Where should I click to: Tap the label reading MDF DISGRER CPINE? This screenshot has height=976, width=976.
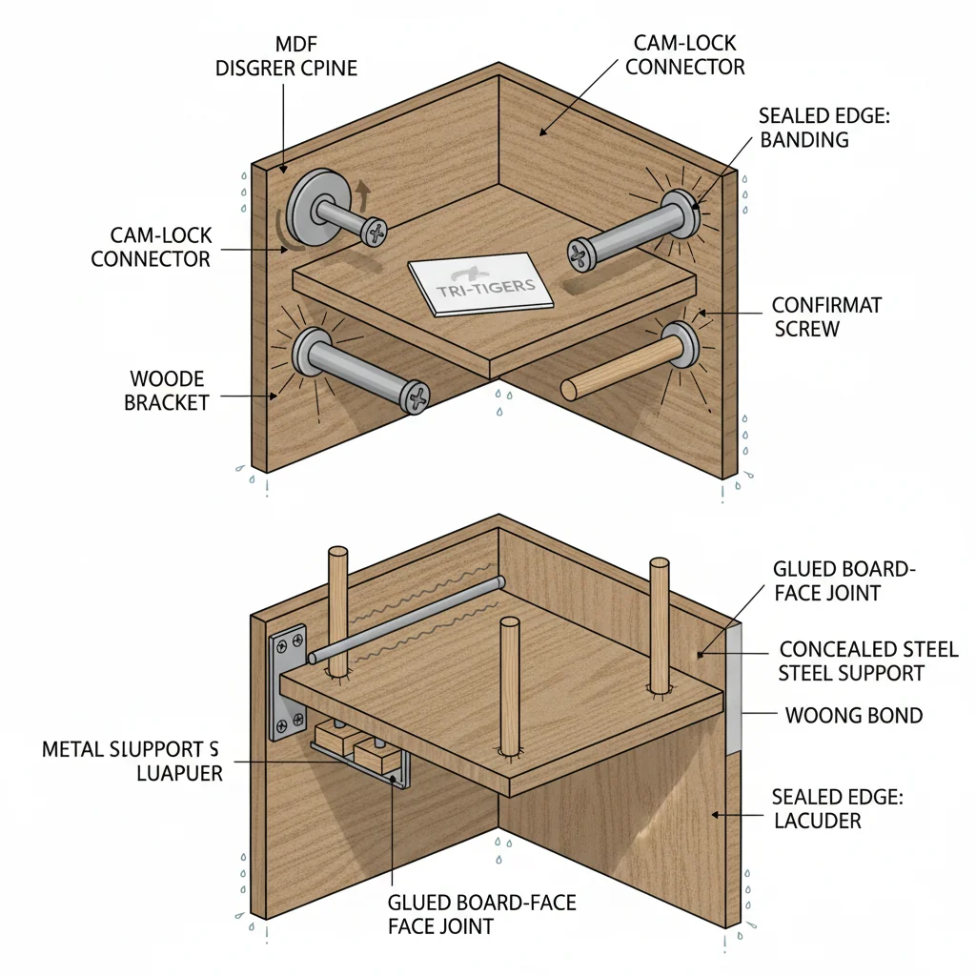285,55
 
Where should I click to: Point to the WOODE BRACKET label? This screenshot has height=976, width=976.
167,391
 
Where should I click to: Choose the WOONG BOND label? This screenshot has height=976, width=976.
853,715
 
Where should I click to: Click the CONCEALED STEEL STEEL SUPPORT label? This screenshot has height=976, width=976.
868,661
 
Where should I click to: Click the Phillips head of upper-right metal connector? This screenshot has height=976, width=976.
580,253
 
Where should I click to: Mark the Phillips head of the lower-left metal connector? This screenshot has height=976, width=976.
416,396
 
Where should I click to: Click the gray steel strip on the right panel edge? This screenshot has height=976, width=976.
733,686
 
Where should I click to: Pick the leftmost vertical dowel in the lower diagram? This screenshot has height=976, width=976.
337,610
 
